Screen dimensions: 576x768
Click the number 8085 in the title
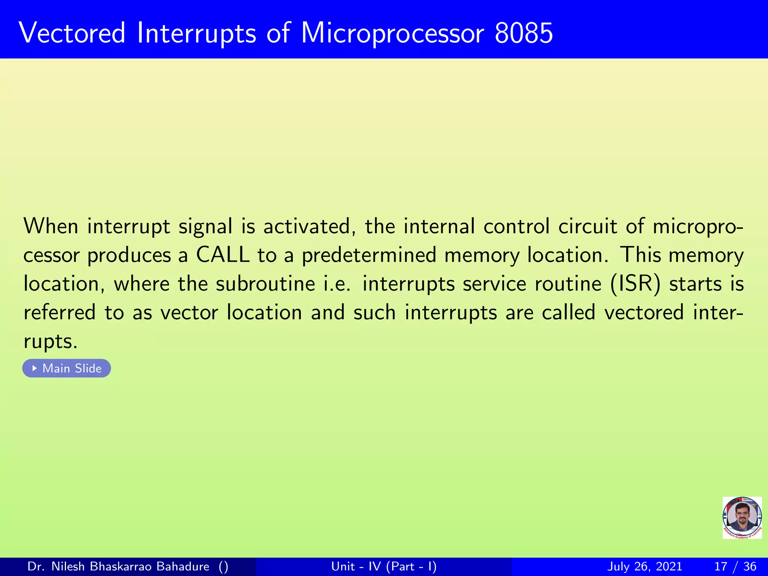523,33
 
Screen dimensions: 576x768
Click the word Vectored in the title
72,33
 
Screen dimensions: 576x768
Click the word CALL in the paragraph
223,255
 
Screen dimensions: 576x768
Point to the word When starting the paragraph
51,226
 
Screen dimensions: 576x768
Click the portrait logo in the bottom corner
742,517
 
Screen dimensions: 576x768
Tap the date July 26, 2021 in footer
644,566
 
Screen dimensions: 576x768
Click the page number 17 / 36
735,566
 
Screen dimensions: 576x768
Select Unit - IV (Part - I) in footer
384,566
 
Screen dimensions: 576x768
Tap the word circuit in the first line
587,226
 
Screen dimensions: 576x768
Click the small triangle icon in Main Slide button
34,368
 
